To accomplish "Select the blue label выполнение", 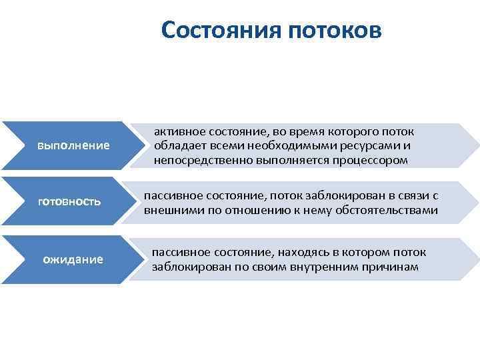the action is pyautogui.click(x=73, y=145).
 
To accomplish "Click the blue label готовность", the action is pyautogui.click(x=69, y=201).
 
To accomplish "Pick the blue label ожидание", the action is pyautogui.click(x=73, y=259).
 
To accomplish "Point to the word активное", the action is pyautogui.click(x=181, y=131).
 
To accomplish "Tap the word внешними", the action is pyautogui.click(x=169, y=211).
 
